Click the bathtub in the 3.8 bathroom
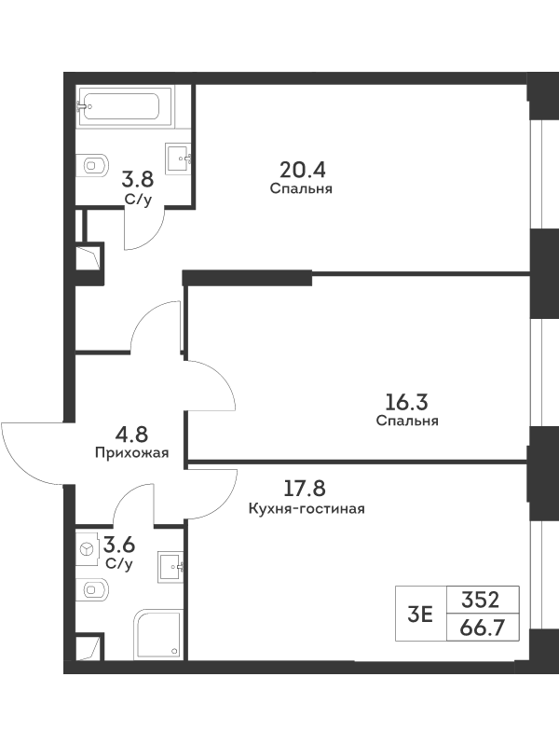[x=126, y=106]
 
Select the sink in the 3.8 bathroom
[x=180, y=157]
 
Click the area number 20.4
[x=303, y=170]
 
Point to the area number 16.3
[x=406, y=403]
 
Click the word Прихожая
[x=131, y=452]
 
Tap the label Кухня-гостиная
[x=307, y=509]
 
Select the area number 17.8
[x=305, y=488]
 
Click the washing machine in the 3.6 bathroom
[x=87, y=548]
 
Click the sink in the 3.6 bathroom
[x=170, y=566]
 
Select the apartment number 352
[x=480, y=600]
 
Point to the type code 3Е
[x=420, y=615]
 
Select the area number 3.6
[x=119, y=545]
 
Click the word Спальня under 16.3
[x=407, y=421]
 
